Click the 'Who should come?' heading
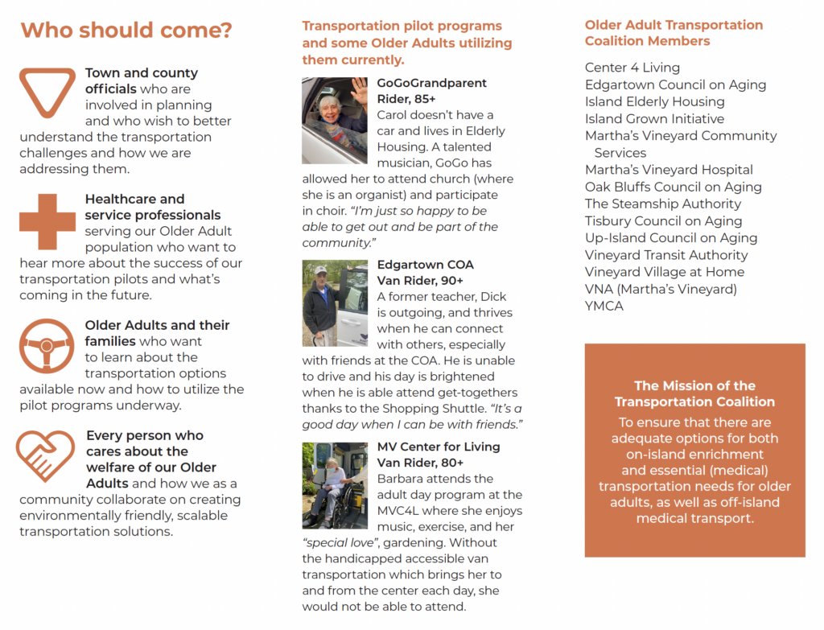126,31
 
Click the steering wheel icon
47,346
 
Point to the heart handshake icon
47,455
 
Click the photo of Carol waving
334,121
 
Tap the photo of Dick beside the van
334,303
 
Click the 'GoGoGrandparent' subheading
431,83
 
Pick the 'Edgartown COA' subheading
425,265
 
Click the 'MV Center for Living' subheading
438,447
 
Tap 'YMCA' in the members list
604,306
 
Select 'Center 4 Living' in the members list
632,68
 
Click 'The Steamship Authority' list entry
662,204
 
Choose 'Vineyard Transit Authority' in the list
665,255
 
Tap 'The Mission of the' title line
694,385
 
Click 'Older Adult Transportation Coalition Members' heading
674,33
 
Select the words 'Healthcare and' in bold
134,199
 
